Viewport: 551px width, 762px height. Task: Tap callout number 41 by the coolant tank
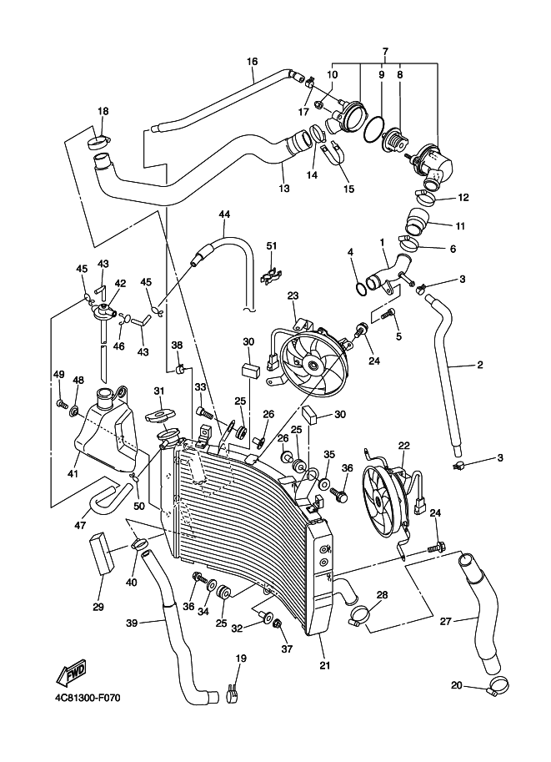click(73, 474)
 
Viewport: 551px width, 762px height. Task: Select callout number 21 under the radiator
click(325, 665)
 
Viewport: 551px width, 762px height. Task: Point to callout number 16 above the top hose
click(253, 61)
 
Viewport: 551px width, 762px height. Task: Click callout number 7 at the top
click(385, 52)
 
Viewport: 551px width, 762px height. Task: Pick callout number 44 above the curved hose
click(223, 214)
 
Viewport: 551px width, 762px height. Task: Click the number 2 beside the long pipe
click(480, 365)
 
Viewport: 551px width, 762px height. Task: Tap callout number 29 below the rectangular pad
click(98, 607)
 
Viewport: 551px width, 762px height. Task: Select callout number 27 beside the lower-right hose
click(446, 620)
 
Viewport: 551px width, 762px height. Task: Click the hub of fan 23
click(313, 363)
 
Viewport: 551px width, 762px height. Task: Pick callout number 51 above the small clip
click(271, 245)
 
